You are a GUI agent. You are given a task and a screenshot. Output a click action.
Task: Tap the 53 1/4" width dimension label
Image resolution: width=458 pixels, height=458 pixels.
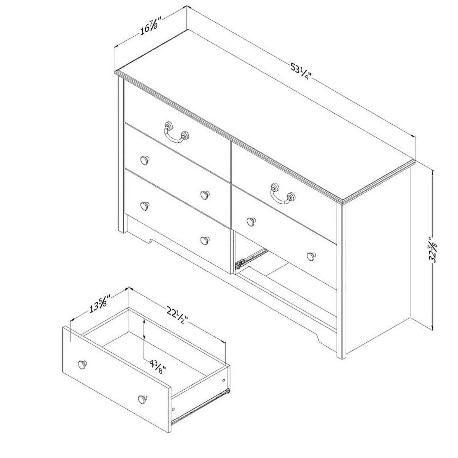tap(301, 72)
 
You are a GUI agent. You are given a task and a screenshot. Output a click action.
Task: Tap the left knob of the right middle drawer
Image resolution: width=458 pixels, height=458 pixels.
tap(251, 221)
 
